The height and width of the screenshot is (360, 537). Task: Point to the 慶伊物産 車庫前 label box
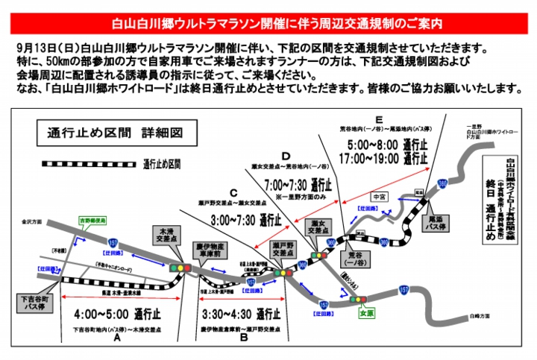(x=214, y=249)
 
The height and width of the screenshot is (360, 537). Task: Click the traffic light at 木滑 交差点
(x=178, y=267)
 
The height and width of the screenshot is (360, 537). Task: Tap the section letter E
(x=380, y=120)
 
